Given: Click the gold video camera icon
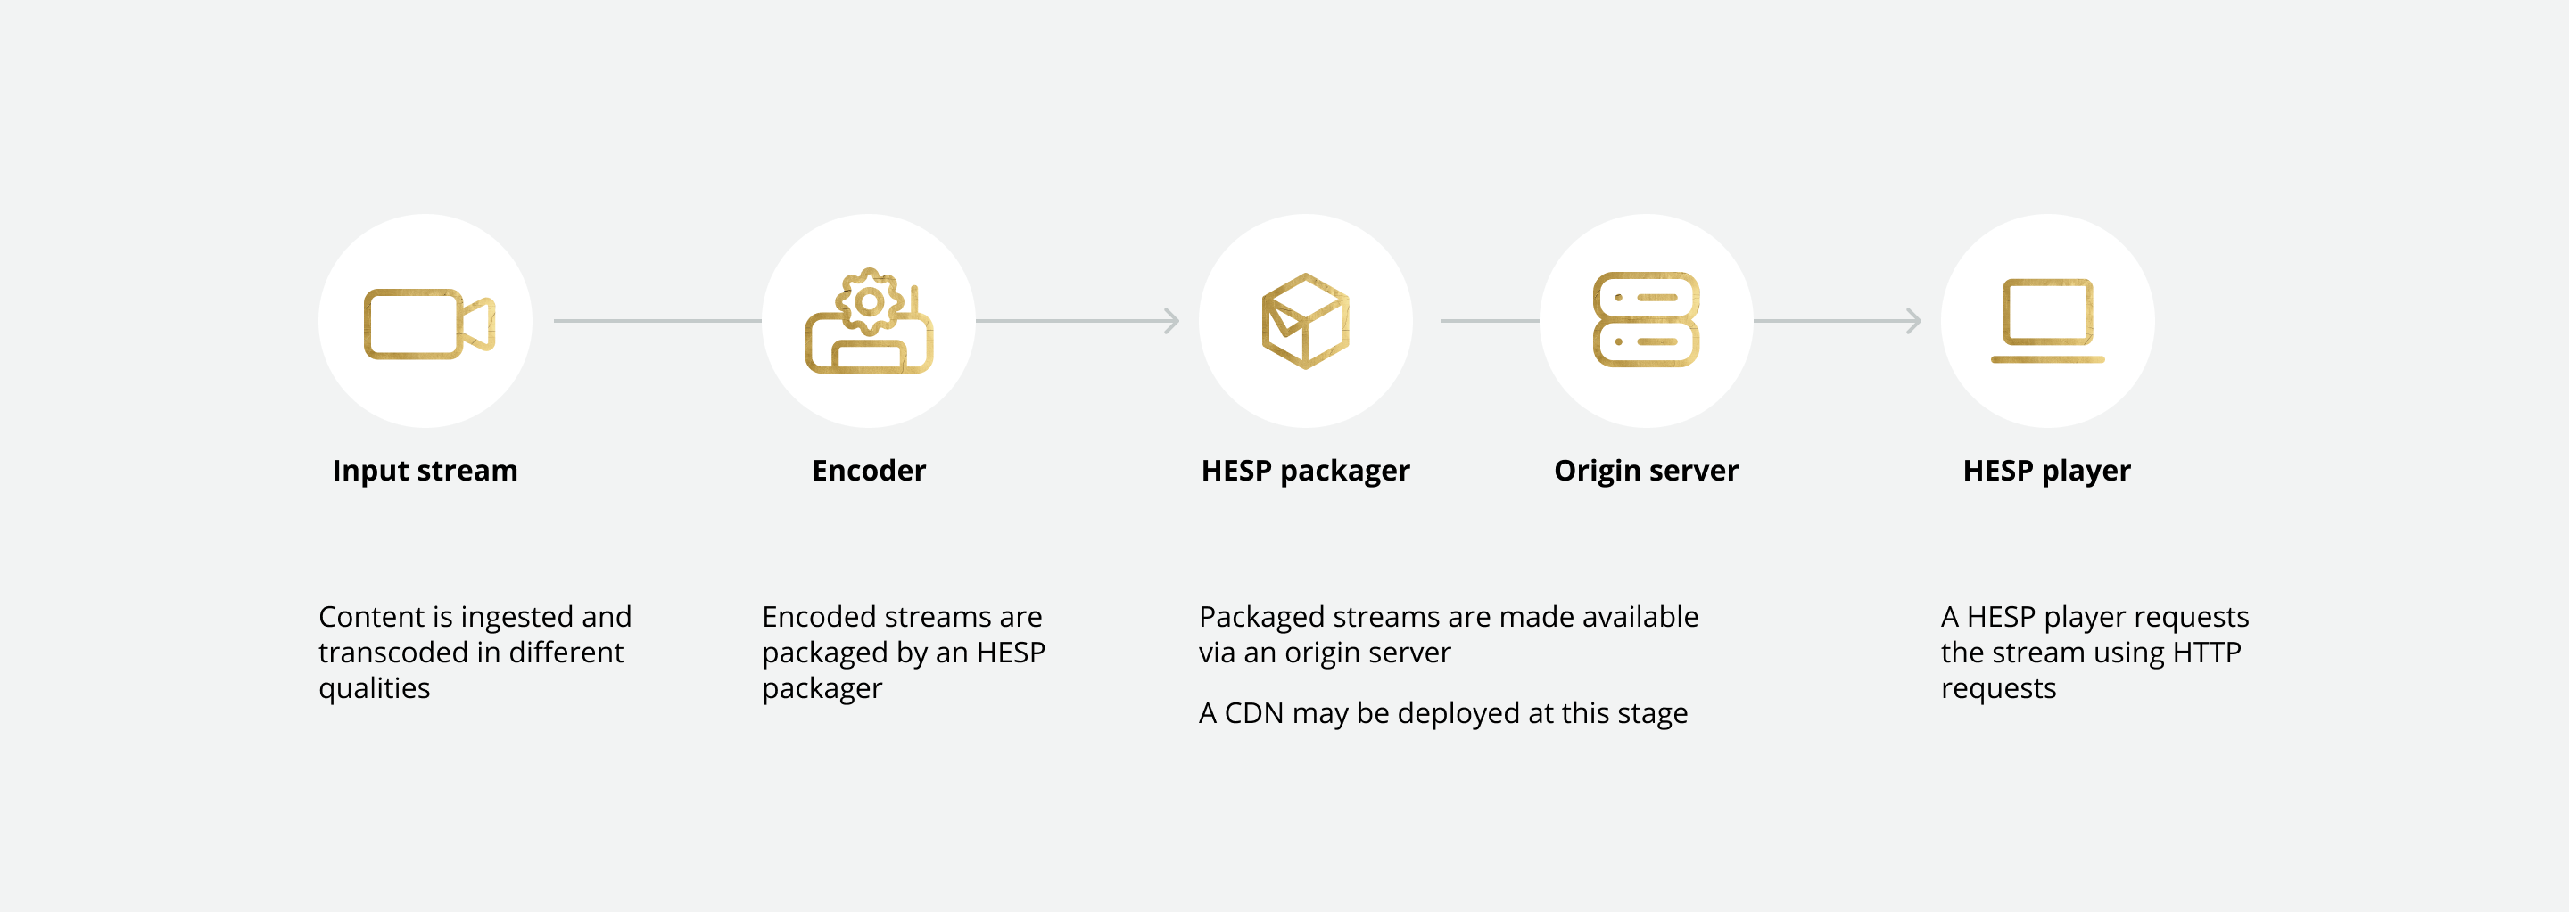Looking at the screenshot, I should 429,324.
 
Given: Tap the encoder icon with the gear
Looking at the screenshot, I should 869,323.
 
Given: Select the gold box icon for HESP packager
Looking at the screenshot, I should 1305,321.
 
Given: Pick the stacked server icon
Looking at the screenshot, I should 1646,320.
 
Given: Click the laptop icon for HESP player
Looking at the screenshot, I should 2047,321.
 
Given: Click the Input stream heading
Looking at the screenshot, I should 425,471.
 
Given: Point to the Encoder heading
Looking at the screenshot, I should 869,471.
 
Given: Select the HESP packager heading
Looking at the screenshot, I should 1304,471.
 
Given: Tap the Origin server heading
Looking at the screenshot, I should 1646,471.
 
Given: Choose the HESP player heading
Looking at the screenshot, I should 2046,471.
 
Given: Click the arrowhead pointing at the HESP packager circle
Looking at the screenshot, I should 1172,321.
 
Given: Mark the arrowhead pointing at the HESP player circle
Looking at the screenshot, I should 1912,321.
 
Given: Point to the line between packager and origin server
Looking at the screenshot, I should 1489,321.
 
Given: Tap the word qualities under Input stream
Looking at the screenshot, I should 374,689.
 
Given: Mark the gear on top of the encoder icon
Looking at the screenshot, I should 870,300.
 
